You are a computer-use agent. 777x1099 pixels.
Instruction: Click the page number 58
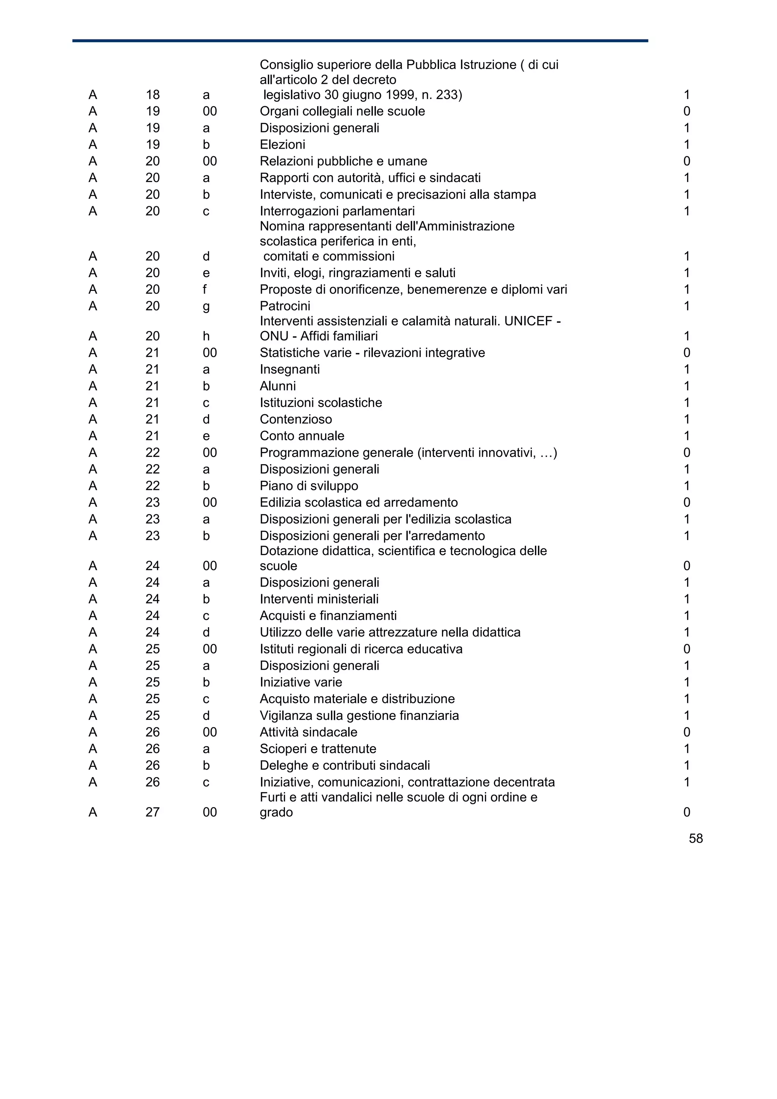coord(695,838)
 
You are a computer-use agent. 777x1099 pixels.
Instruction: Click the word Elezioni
coord(282,144)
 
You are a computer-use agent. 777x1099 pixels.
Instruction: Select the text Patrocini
coord(285,306)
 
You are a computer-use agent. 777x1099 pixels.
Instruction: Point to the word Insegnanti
coord(289,369)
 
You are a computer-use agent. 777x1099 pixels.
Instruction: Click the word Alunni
coord(278,386)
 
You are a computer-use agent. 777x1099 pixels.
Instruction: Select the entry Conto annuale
coord(302,436)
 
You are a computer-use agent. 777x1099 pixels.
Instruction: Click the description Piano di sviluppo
coord(309,486)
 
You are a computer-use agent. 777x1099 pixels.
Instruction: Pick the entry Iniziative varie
coord(300,682)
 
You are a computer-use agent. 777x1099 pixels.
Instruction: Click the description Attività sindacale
coord(308,732)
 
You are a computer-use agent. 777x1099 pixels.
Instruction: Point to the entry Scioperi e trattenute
coord(318,749)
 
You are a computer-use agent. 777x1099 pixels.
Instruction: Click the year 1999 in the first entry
coord(402,95)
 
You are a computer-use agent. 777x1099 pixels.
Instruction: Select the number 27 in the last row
coord(152,812)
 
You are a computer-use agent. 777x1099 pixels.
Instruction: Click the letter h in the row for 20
coord(206,336)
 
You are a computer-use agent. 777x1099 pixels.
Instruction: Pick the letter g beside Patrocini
coord(206,306)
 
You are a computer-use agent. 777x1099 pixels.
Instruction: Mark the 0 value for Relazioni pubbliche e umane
coord(687,161)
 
